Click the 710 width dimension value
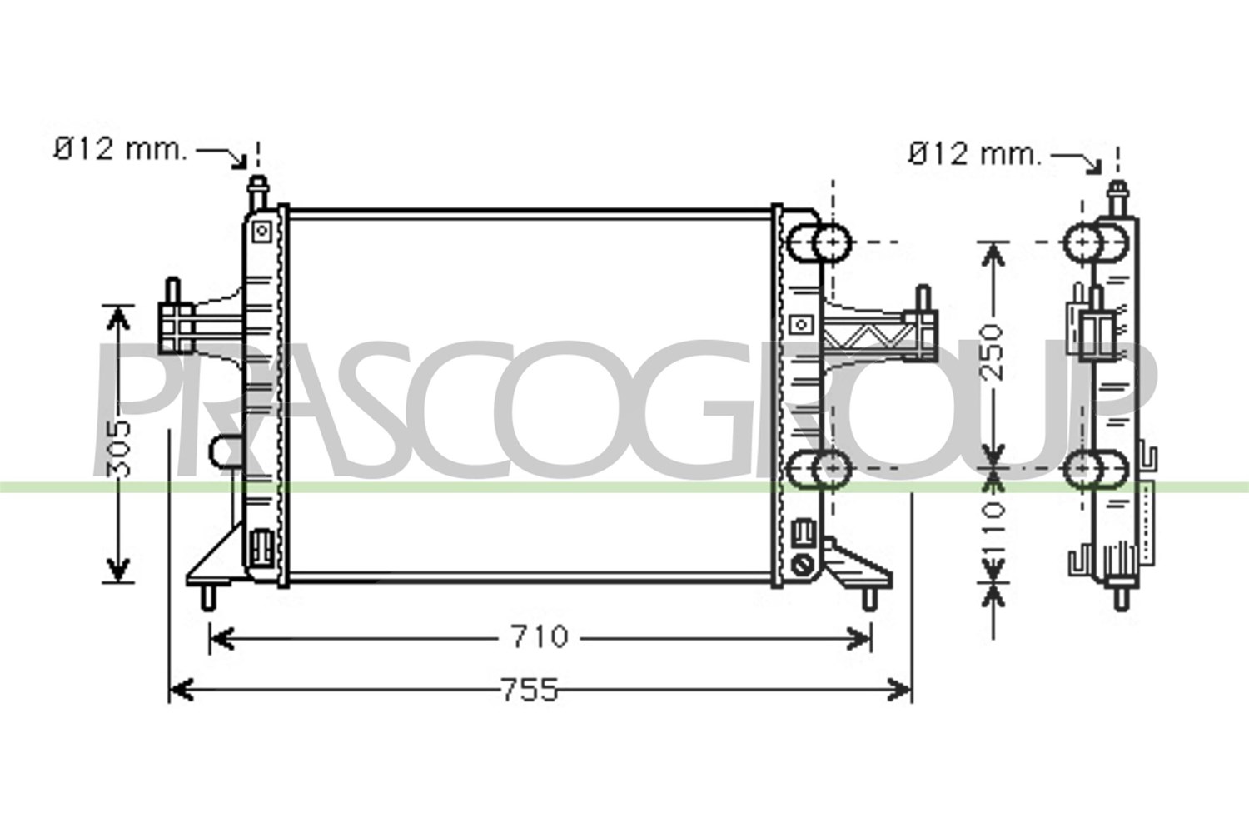(540, 636)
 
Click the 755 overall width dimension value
(529, 691)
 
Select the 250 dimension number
(992, 352)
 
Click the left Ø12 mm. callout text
(121, 150)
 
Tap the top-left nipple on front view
(257, 193)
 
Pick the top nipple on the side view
(1117, 198)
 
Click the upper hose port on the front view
(819, 242)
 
